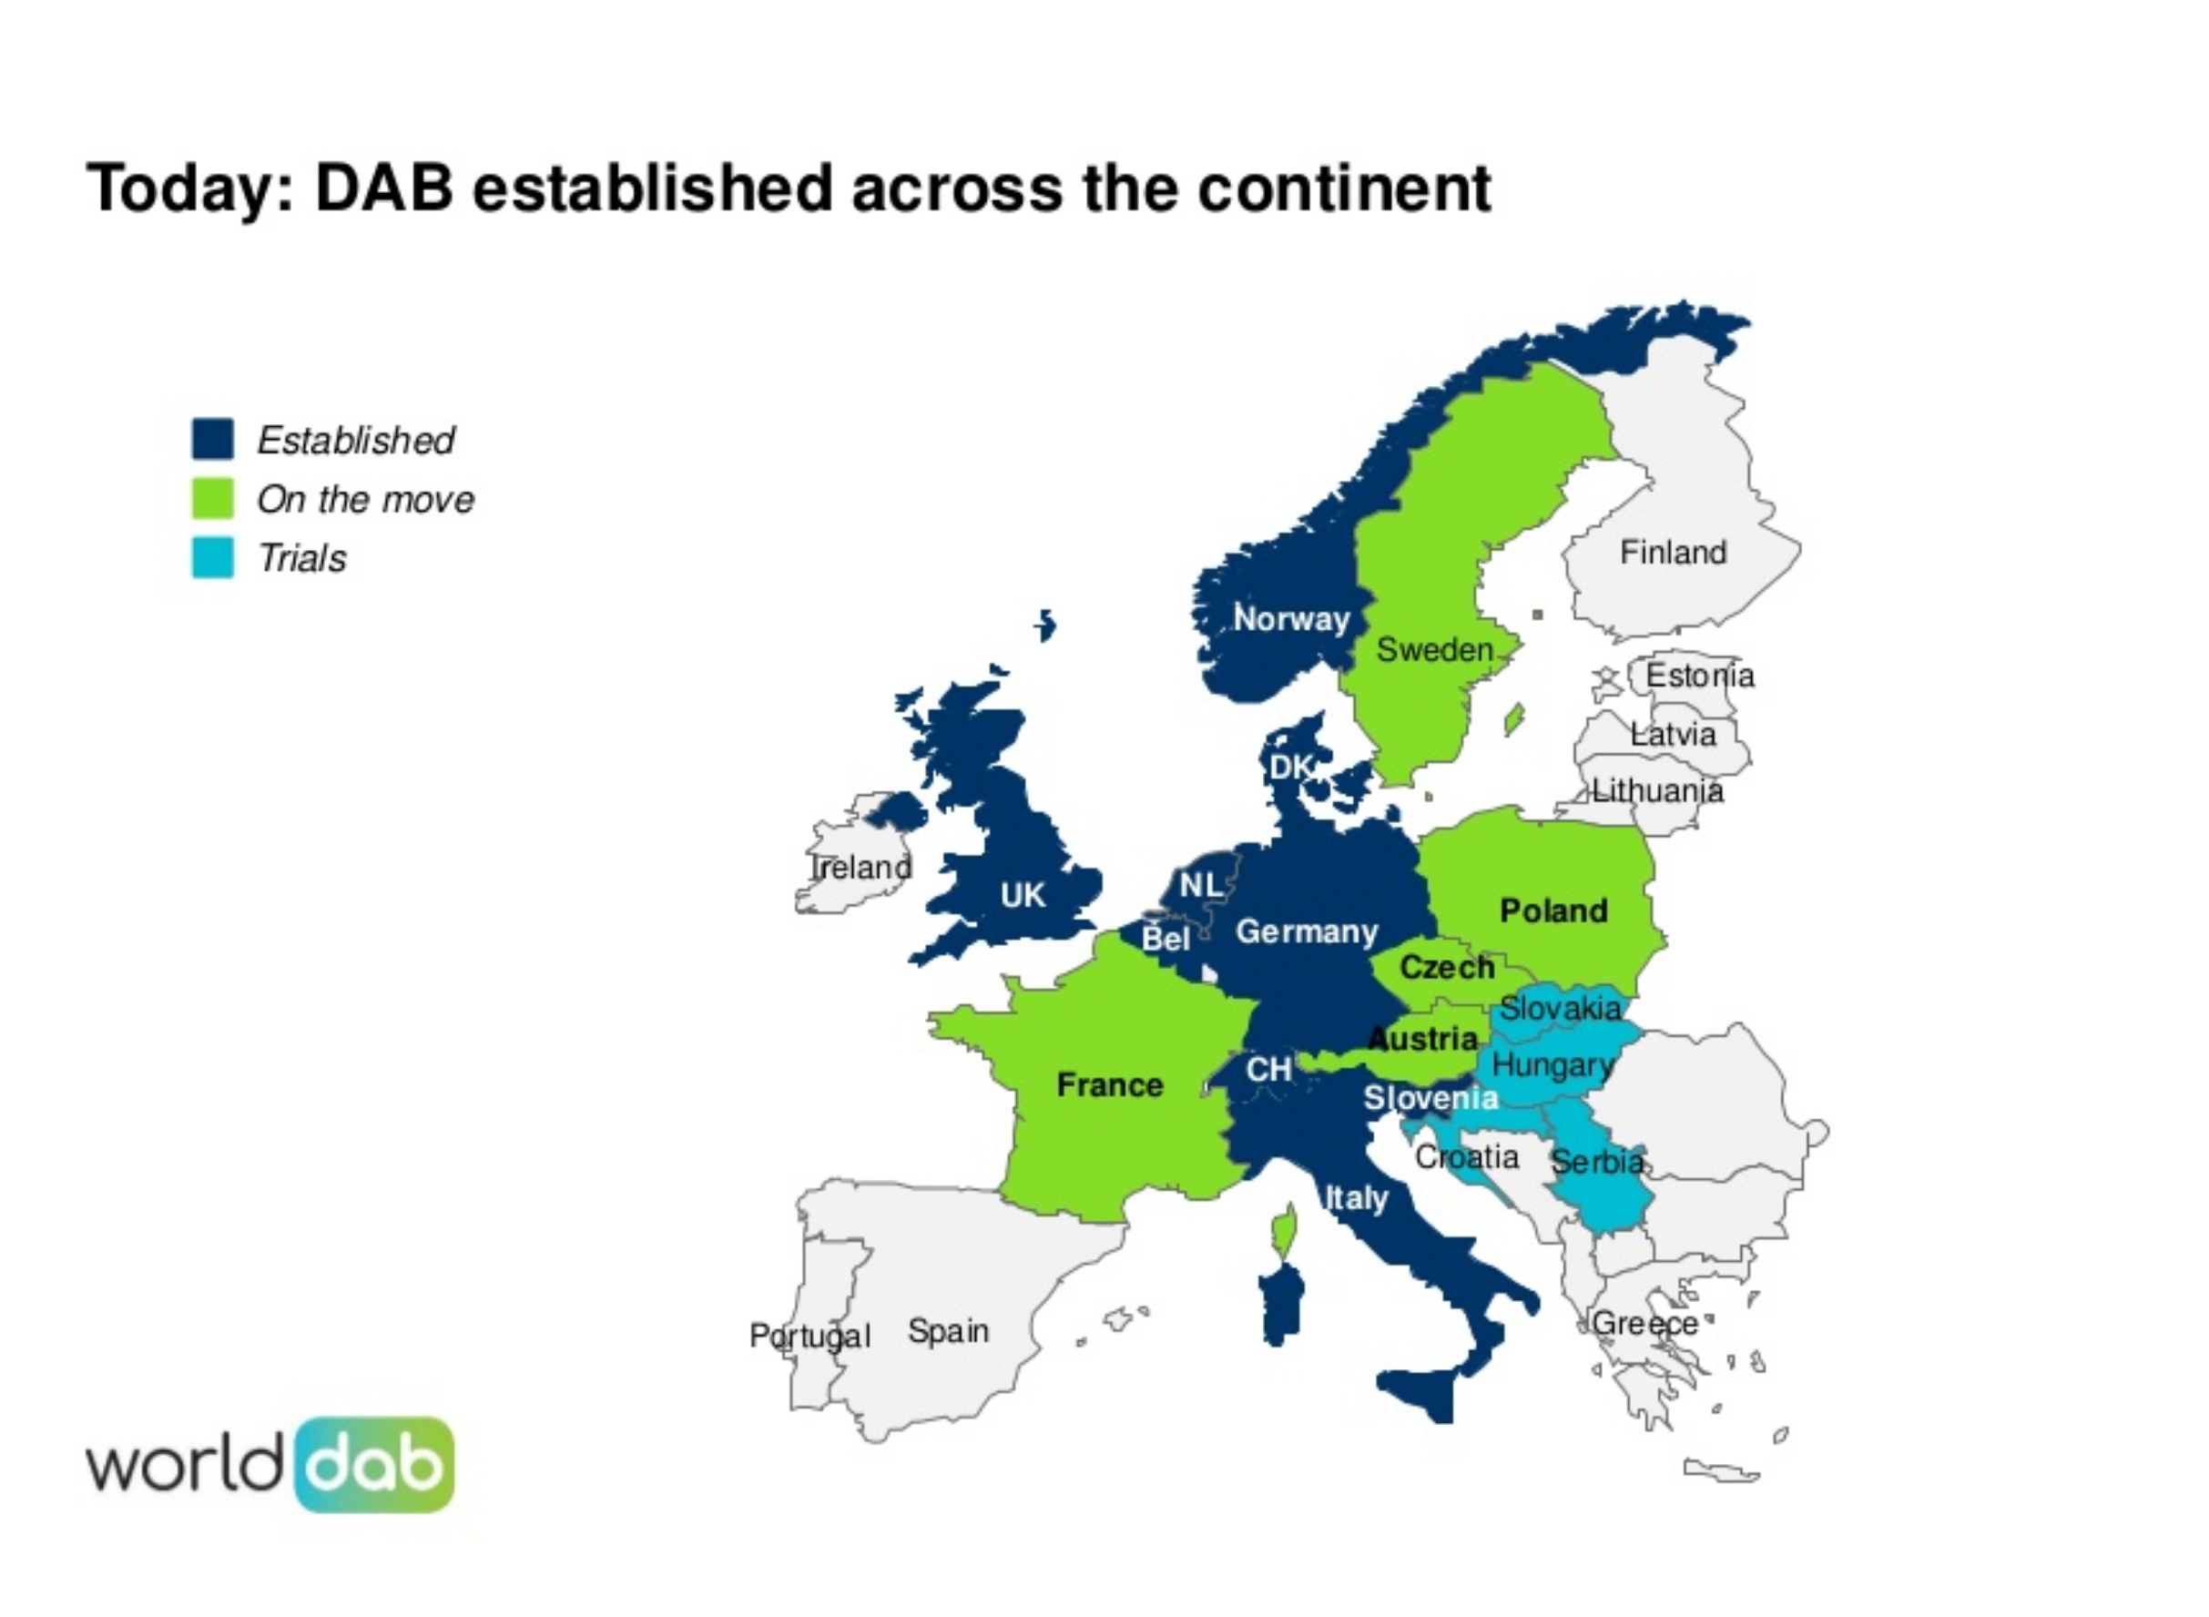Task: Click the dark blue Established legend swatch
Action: click(x=212, y=439)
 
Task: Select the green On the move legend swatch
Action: click(x=212, y=497)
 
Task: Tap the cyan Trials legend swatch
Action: click(x=212, y=557)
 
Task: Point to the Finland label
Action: click(x=1673, y=552)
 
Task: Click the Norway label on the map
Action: click(x=1291, y=618)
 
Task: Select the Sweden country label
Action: click(x=1434, y=649)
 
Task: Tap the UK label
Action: click(x=1023, y=895)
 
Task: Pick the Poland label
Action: click(x=1553, y=910)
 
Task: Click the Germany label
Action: click(x=1307, y=931)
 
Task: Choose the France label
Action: click(x=1110, y=1084)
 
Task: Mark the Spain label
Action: click(x=947, y=1330)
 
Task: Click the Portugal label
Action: click(x=809, y=1335)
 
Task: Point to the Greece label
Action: click(x=1644, y=1323)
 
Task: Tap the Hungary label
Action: click(x=1552, y=1065)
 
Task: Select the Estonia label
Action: click(x=1699, y=675)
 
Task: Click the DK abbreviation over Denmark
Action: click(x=1290, y=768)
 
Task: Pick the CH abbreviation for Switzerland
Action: click(x=1268, y=1070)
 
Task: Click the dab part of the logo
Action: click(x=374, y=1465)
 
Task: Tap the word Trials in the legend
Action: click(x=301, y=558)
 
